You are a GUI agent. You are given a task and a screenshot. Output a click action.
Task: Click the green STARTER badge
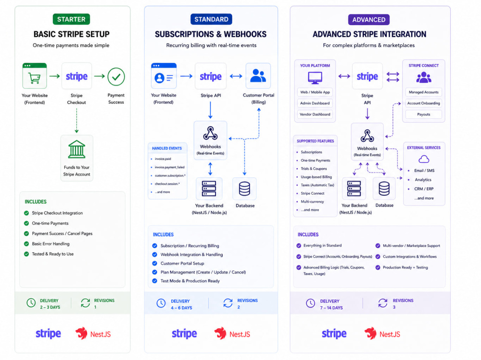point(71,19)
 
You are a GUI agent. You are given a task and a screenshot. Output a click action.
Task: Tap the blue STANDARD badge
point(211,19)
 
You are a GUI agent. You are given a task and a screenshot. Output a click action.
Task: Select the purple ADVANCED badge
point(369,20)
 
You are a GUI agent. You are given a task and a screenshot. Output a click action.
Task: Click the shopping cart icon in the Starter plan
point(34,77)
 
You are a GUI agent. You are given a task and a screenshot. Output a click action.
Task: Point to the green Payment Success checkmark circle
point(116,76)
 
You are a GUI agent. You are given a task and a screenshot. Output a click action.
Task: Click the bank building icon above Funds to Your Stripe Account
point(76,149)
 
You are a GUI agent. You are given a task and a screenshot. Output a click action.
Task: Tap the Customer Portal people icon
point(258,76)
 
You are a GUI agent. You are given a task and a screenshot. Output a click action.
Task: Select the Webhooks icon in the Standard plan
point(211,133)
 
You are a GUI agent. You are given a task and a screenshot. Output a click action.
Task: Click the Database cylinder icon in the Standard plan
point(244,188)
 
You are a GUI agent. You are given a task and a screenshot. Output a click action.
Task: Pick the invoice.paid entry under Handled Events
point(163,159)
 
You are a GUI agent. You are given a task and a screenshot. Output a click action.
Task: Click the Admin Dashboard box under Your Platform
point(315,103)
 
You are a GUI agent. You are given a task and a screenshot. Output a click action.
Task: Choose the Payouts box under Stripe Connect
point(424,114)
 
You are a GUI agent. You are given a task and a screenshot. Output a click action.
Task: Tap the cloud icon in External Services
point(424,159)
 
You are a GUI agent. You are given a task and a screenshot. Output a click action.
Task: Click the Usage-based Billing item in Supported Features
point(316,177)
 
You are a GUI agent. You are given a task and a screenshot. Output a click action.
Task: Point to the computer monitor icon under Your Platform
point(315,78)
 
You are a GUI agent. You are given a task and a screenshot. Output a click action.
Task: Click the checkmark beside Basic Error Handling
point(26,244)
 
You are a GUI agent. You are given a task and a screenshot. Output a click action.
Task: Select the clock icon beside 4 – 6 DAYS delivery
point(161,303)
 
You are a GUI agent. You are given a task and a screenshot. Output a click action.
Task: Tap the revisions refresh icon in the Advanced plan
point(383,303)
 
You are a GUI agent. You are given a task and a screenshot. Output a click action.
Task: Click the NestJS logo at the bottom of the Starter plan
point(93,334)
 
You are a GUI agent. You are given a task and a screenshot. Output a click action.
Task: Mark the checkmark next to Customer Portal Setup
point(154,263)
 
